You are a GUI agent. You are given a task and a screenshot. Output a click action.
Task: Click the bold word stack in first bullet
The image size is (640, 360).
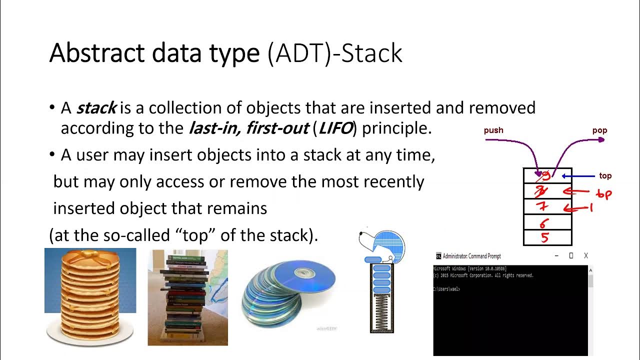pos(96,108)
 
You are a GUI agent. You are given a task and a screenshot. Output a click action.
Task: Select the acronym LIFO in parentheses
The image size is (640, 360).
pos(335,128)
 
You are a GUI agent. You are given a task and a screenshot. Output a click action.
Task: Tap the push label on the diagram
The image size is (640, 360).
pos(493,130)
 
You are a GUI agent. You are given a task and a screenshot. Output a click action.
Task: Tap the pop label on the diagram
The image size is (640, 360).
pos(599,130)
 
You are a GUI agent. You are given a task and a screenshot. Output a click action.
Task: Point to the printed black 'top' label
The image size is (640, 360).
pos(605,176)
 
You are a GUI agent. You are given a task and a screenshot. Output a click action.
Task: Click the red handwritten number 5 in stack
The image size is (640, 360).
pos(545,238)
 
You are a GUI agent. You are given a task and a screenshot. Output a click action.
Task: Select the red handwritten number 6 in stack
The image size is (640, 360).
pos(544,223)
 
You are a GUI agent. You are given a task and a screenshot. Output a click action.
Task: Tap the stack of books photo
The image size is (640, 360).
pos(187,297)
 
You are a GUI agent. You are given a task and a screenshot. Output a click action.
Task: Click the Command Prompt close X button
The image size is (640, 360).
pos(586,256)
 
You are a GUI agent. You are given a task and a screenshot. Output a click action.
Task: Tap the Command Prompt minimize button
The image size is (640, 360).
pos(556,256)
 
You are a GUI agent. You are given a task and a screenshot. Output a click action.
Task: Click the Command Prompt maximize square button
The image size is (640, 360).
pos(571,256)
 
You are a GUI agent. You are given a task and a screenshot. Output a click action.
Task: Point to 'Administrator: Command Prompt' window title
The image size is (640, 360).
pos(471,256)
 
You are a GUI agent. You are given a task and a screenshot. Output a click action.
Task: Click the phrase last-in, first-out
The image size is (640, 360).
pos(248,128)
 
